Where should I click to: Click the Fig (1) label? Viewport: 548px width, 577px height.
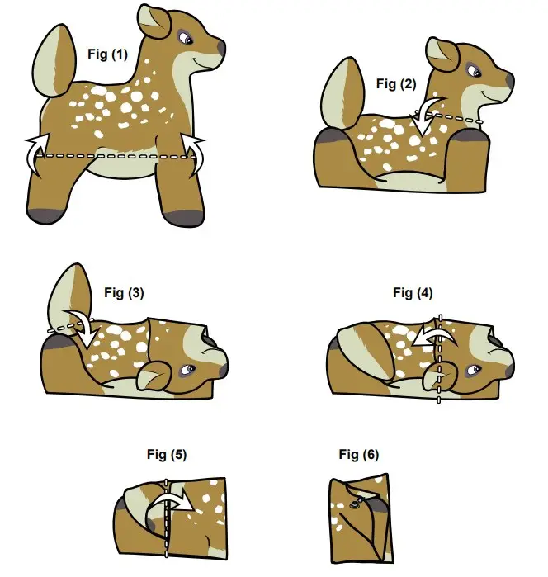click(x=107, y=54)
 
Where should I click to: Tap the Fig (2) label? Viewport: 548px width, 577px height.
click(x=397, y=83)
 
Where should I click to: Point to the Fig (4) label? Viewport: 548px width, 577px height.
click(x=413, y=292)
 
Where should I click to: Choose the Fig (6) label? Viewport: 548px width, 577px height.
click(x=358, y=455)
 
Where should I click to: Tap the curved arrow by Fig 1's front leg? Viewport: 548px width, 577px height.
click(x=196, y=154)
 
